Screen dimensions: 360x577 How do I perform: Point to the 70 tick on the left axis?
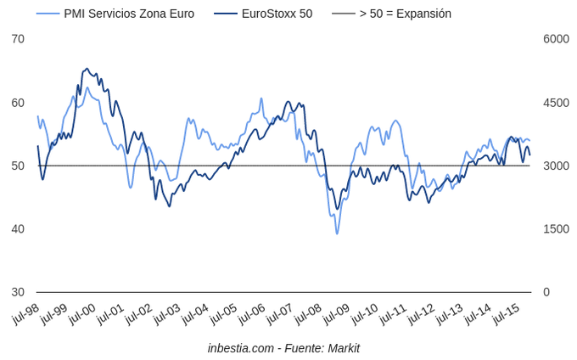pyautogui.click(x=18, y=39)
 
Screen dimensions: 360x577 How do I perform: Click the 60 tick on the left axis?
pyautogui.click(x=18, y=103)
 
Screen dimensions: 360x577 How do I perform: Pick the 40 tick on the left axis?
pyautogui.click(x=18, y=229)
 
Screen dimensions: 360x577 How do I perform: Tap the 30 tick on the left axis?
pyautogui.click(x=18, y=292)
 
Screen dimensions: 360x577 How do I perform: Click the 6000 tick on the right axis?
pyautogui.click(x=556, y=39)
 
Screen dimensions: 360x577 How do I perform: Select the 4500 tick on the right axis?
pyautogui.click(x=556, y=103)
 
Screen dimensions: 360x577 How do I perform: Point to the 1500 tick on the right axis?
pyautogui.click(x=556, y=229)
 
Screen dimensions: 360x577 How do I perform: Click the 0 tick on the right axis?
pyautogui.click(x=547, y=292)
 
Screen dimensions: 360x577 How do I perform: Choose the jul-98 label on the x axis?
pyautogui.click(x=25, y=314)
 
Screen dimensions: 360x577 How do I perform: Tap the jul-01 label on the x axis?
pyautogui.click(x=110, y=314)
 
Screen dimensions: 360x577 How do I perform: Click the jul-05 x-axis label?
pyautogui.click(x=223, y=314)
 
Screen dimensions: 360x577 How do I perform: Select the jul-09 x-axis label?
pyautogui.click(x=336, y=314)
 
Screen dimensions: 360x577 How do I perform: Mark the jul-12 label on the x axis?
pyautogui.click(x=421, y=314)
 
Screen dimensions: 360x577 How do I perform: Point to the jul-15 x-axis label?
pyautogui.click(x=506, y=314)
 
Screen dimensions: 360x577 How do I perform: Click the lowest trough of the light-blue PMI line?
pyautogui.click(x=337, y=233)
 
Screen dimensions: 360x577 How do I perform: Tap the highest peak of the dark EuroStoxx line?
pyautogui.click(x=87, y=69)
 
